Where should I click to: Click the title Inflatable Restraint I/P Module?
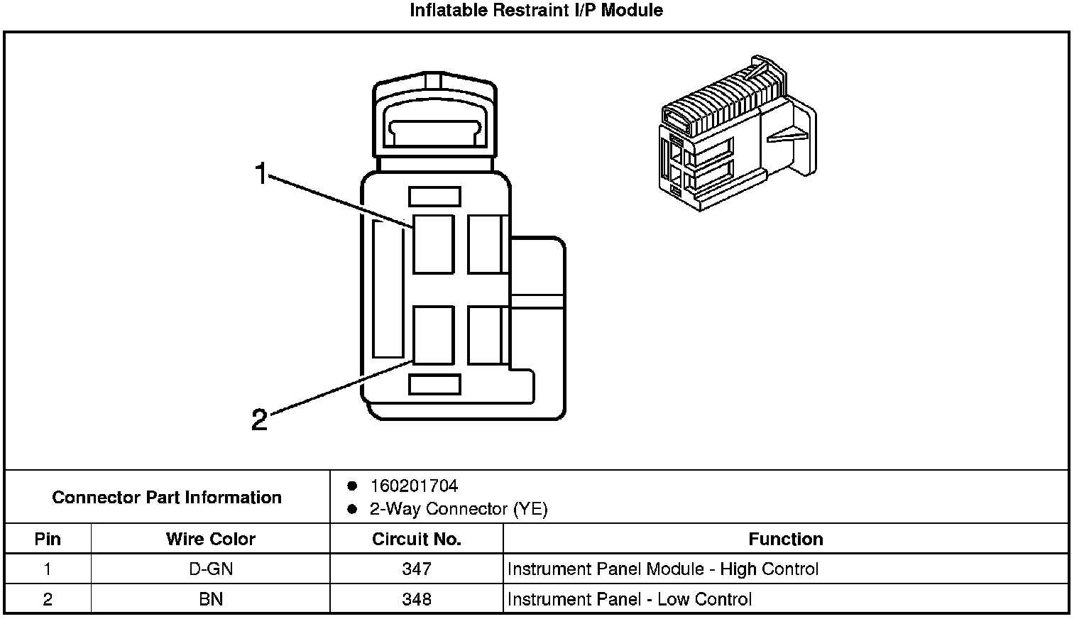click(536, 10)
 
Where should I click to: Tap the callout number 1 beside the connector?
click(261, 173)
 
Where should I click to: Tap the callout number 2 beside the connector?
click(260, 420)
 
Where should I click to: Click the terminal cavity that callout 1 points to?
click(434, 244)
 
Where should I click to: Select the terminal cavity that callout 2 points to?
click(434, 335)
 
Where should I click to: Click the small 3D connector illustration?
click(738, 133)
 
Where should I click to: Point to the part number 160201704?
click(414, 486)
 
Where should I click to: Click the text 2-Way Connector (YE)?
click(459, 509)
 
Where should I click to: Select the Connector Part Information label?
click(167, 497)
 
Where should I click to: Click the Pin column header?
click(48, 539)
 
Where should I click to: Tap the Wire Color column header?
click(211, 539)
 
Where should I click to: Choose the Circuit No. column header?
click(417, 539)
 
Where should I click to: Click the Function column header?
click(786, 539)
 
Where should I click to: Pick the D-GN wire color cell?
click(211, 569)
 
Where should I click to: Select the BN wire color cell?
click(211, 599)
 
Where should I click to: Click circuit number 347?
click(417, 569)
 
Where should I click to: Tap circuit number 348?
click(417, 599)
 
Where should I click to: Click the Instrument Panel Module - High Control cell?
click(663, 569)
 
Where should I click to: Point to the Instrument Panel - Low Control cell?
click(630, 599)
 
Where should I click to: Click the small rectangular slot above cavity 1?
click(434, 197)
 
